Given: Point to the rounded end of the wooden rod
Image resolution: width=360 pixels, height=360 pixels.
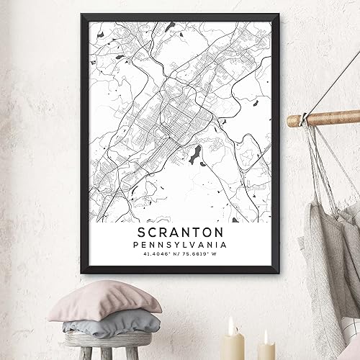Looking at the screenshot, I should point(292,121).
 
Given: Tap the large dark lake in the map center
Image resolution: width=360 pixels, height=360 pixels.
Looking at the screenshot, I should point(194,153).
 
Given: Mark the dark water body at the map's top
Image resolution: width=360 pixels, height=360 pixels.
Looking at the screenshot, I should point(170,27).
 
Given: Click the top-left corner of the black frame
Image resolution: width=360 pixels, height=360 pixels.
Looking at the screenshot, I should point(75,14).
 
